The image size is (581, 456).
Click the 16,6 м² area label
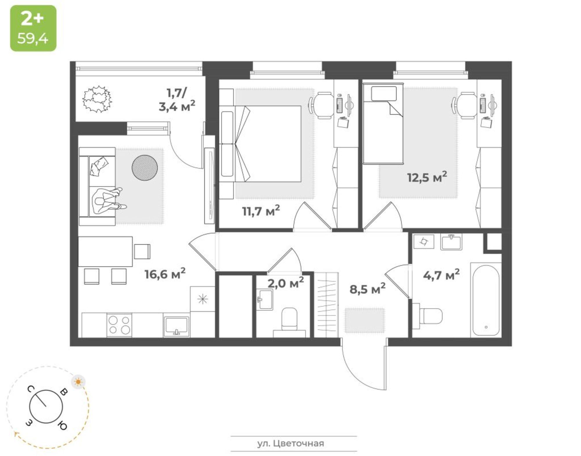click(x=165, y=273)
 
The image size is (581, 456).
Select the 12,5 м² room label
click(x=427, y=177)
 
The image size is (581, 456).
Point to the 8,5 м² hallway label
click(x=367, y=289)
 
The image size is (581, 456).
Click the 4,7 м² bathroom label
click(x=441, y=275)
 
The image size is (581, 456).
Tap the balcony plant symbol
click(x=97, y=99)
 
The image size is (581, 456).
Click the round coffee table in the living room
click(x=145, y=168)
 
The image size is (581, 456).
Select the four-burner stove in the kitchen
click(x=119, y=325)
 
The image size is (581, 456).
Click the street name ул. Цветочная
click(x=290, y=443)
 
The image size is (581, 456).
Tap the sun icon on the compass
click(x=78, y=382)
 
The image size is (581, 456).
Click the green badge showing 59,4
click(x=33, y=28)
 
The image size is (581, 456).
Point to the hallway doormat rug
click(x=365, y=320)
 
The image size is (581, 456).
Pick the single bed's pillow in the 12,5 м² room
click(x=384, y=94)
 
